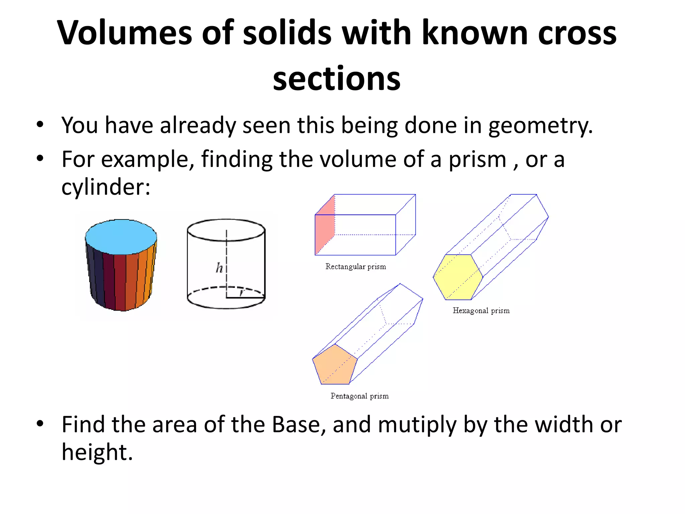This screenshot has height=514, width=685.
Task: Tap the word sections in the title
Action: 336,79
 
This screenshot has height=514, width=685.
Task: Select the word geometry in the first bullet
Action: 540,126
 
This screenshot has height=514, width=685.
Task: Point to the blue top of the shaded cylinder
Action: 121,236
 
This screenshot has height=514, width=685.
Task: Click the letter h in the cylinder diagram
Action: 219,268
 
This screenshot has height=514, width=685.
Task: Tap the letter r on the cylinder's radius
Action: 242,293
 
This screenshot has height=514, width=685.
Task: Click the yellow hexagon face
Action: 458,277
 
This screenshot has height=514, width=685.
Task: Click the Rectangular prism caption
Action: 356,267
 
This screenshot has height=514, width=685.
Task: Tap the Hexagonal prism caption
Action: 481,311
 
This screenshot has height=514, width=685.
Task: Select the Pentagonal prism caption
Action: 360,396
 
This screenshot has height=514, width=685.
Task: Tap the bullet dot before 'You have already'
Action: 40,125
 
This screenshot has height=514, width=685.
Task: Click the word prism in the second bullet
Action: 477,159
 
